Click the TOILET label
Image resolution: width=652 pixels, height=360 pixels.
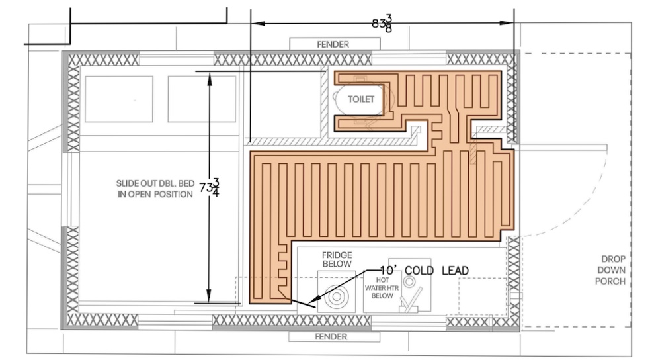361,99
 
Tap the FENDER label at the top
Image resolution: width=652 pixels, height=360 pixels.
333,44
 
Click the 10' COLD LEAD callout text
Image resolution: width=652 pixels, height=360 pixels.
425,271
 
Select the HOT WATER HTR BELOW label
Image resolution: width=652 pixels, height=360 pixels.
383,288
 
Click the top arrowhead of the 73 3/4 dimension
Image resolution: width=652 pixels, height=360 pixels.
210,77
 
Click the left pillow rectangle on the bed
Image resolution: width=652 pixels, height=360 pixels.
119,99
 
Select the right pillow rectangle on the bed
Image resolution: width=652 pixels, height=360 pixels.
202,99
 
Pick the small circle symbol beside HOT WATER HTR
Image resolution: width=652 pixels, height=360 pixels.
409,282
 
